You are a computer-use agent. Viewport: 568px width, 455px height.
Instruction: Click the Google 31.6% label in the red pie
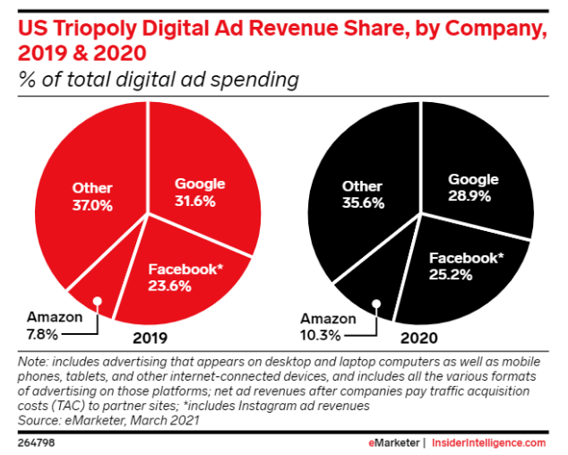pyautogui.click(x=199, y=192)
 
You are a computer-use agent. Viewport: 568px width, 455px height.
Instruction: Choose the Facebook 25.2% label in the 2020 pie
pyautogui.click(x=467, y=265)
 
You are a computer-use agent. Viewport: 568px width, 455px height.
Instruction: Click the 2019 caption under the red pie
pyautogui.click(x=147, y=339)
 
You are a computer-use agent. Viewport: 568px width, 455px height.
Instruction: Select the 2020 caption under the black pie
pyautogui.click(x=417, y=339)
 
